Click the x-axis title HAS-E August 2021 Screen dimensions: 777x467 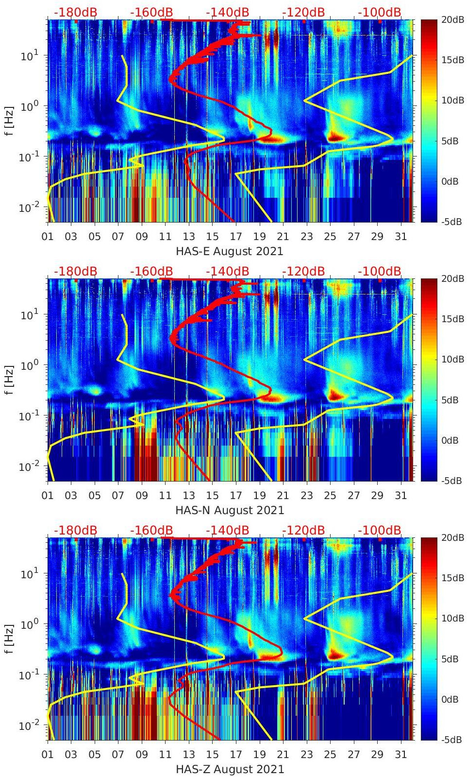pyautogui.click(x=230, y=251)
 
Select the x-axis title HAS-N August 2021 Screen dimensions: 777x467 pyautogui.click(x=230, y=510)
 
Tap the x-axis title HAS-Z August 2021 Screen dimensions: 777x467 pyautogui.click(x=230, y=769)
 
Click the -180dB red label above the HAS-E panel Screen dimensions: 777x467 pyautogui.click(x=75, y=12)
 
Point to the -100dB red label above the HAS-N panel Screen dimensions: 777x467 pyautogui.click(x=380, y=271)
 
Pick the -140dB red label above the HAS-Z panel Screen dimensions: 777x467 pyautogui.click(x=227, y=530)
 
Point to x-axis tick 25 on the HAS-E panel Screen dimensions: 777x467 pyautogui.click(x=330, y=237)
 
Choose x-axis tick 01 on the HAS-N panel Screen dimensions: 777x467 pyautogui.click(x=48, y=496)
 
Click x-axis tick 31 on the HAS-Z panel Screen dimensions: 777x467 pyautogui.click(x=400, y=755)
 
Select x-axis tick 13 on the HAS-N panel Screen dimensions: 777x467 pyautogui.click(x=189, y=496)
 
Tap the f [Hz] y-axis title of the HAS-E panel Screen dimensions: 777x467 pyautogui.click(x=9, y=121)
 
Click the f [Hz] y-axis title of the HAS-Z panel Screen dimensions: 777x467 pyautogui.click(x=9, y=639)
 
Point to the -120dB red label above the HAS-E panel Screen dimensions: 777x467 pyautogui.click(x=303, y=12)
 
